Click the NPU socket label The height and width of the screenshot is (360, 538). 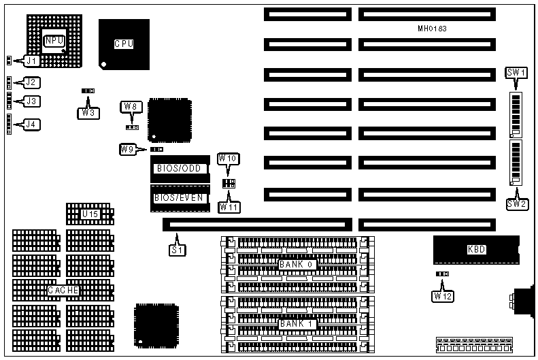(x=54, y=41)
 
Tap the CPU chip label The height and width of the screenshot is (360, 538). (x=123, y=44)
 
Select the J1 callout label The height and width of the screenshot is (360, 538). (x=32, y=61)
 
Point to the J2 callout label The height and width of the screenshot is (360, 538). (x=31, y=82)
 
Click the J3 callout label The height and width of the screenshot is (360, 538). (x=31, y=101)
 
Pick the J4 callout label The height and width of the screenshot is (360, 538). (x=31, y=125)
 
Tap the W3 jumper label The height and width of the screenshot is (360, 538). (x=88, y=113)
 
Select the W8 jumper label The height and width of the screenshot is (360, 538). (x=131, y=106)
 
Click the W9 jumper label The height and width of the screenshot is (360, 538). (x=127, y=149)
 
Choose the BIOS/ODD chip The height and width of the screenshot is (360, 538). (x=179, y=168)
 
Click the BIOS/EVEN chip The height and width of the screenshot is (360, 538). (x=179, y=197)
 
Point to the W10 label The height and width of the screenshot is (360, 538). (x=227, y=159)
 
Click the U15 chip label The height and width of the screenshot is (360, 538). (x=90, y=215)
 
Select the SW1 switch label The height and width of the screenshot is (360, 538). (x=516, y=73)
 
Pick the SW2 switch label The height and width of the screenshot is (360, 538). (x=516, y=203)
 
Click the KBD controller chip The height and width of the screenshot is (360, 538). (x=476, y=250)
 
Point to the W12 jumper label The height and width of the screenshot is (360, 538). (x=442, y=296)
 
